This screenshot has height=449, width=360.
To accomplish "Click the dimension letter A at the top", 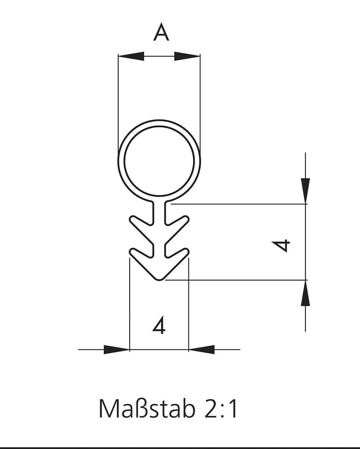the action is tap(161, 32).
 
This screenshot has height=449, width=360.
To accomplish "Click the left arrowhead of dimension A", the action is tap(131, 56).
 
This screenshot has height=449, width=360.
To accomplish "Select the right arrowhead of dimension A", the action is tap(187, 56).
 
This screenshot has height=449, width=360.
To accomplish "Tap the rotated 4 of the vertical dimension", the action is tap(281, 246).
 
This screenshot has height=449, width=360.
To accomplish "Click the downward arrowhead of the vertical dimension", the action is tap(305, 191).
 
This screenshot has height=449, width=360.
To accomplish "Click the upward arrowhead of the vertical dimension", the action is tap(305, 293).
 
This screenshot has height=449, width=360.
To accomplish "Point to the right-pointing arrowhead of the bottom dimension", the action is tap(117, 349).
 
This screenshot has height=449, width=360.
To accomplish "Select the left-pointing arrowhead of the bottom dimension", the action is tap(201, 349).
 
